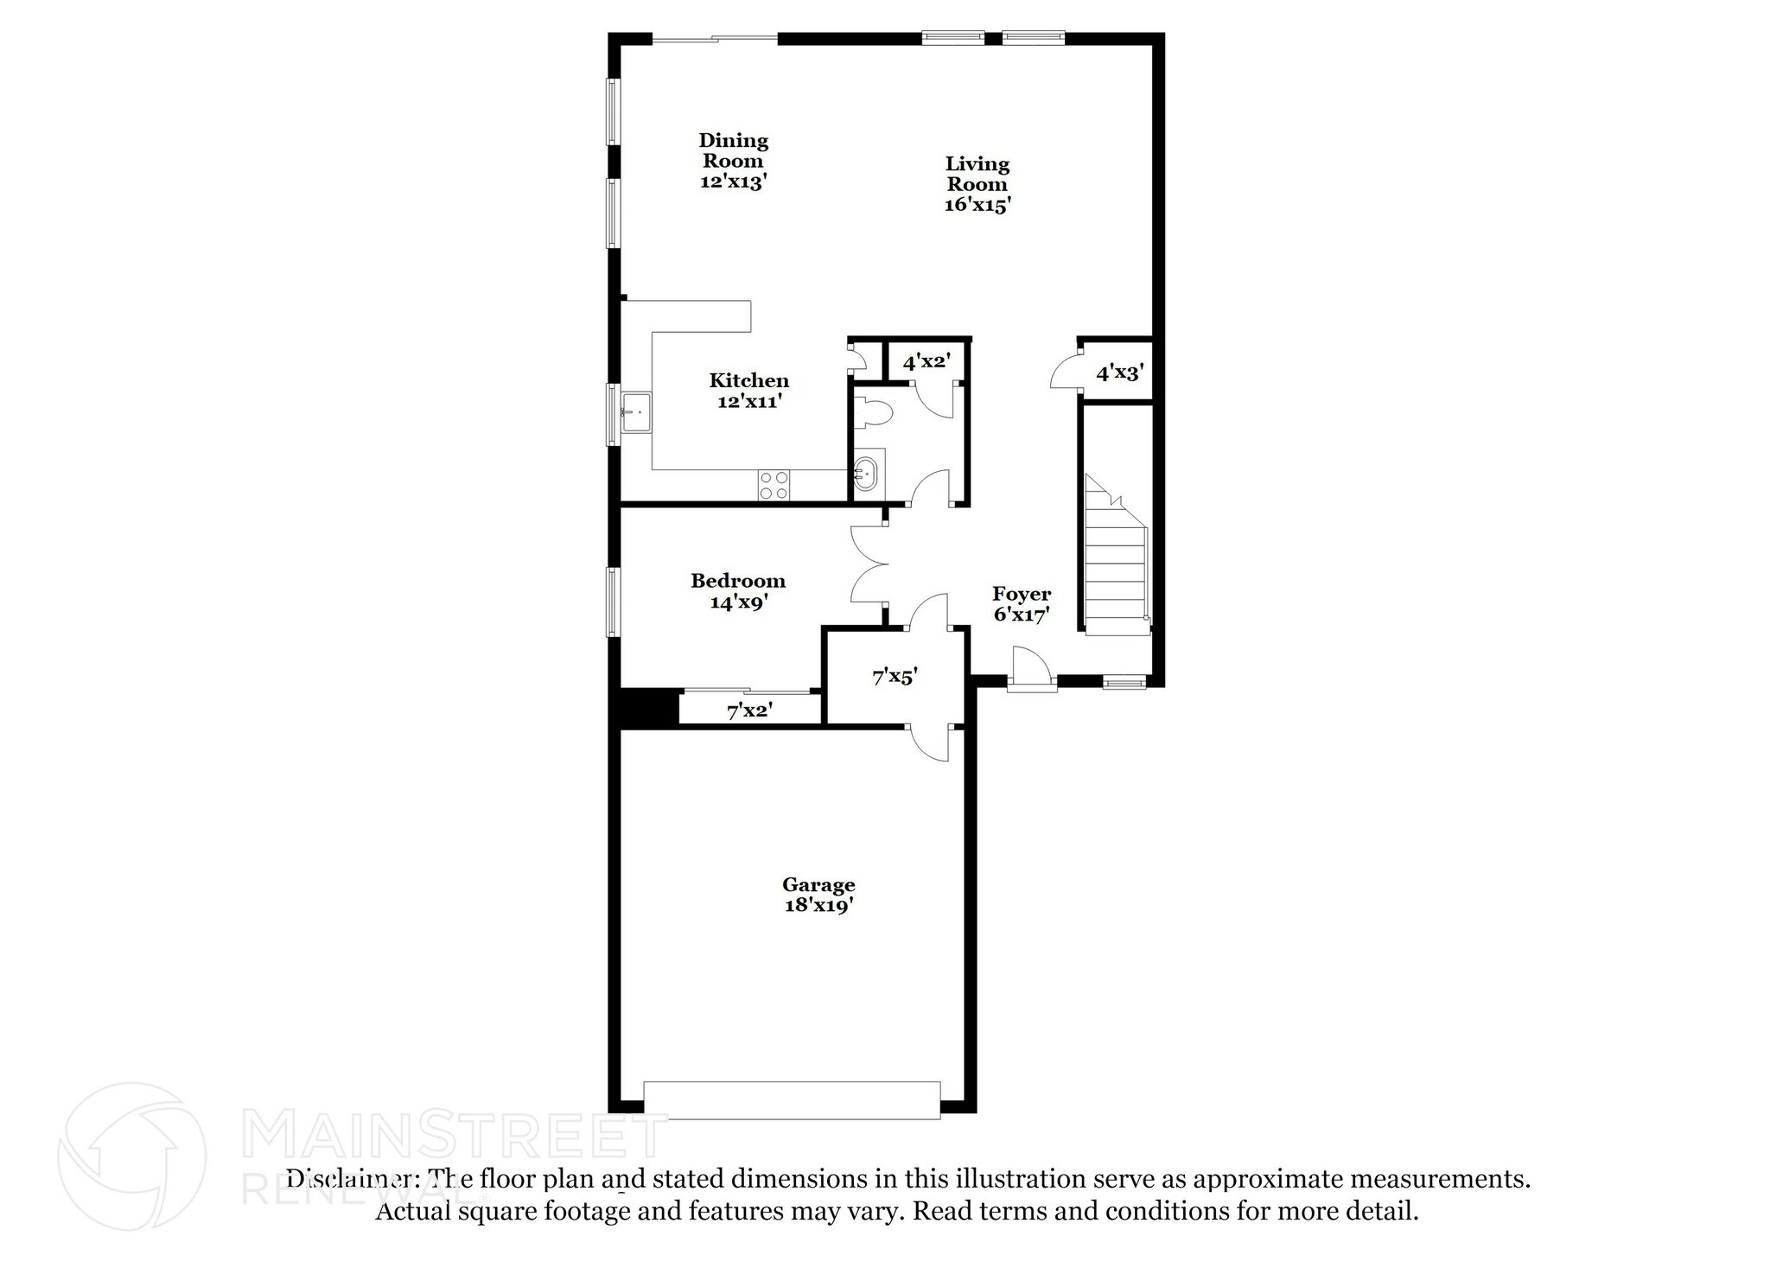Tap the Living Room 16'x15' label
coord(977,184)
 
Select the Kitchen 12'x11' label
coord(749,391)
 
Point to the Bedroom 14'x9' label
coord(738,591)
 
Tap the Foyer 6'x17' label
coord(1022,604)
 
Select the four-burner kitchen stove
coord(774,485)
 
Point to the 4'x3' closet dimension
coord(1120,373)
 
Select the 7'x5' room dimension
coord(895,677)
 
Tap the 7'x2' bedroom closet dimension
coord(749,711)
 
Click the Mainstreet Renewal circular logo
coord(132,1156)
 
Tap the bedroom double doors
coord(870,564)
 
